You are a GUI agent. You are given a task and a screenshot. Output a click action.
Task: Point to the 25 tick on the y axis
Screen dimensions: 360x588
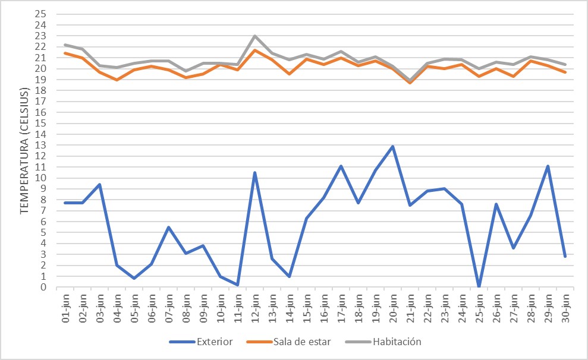pyautogui.click(x=41, y=14)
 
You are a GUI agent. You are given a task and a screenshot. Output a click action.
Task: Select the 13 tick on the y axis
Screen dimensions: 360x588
pyautogui.click(x=41, y=146)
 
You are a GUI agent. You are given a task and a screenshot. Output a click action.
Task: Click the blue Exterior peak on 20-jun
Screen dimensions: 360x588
pyautogui.click(x=392, y=146)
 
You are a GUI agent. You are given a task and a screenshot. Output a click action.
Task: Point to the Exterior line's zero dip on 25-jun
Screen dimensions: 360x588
pyautogui.click(x=479, y=287)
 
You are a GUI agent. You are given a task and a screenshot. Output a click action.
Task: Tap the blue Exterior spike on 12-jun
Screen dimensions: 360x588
pyautogui.click(x=255, y=173)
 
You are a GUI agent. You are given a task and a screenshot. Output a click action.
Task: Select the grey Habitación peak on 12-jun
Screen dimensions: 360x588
pyautogui.click(x=255, y=36)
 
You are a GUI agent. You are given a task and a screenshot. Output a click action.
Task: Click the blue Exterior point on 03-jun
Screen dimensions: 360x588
pyautogui.click(x=100, y=184)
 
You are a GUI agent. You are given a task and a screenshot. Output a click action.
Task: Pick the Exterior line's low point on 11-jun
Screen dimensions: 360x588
pyautogui.click(x=238, y=285)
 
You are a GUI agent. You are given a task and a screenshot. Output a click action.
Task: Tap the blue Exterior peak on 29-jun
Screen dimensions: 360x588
pyautogui.click(x=548, y=166)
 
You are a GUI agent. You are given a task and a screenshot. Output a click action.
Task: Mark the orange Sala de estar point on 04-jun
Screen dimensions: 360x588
pyautogui.click(x=117, y=80)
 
